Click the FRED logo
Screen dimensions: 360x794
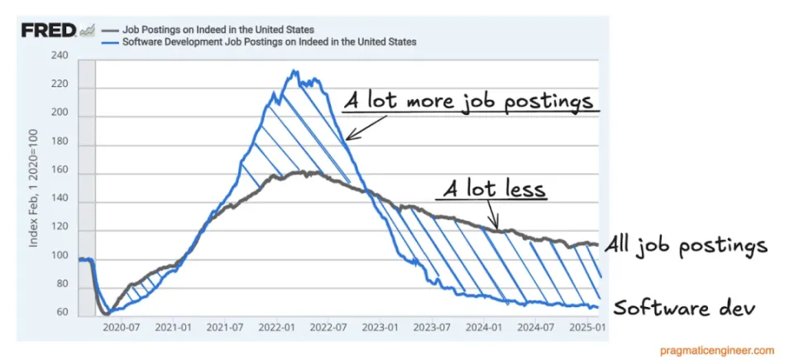tap(49, 31)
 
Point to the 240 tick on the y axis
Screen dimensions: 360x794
tap(59, 56)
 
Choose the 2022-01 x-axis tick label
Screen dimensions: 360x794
tap(282, 328)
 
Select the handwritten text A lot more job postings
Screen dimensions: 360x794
tap(470, 102)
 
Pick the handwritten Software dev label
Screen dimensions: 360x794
tap(684, 308)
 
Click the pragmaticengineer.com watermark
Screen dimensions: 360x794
tap(716, 350)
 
